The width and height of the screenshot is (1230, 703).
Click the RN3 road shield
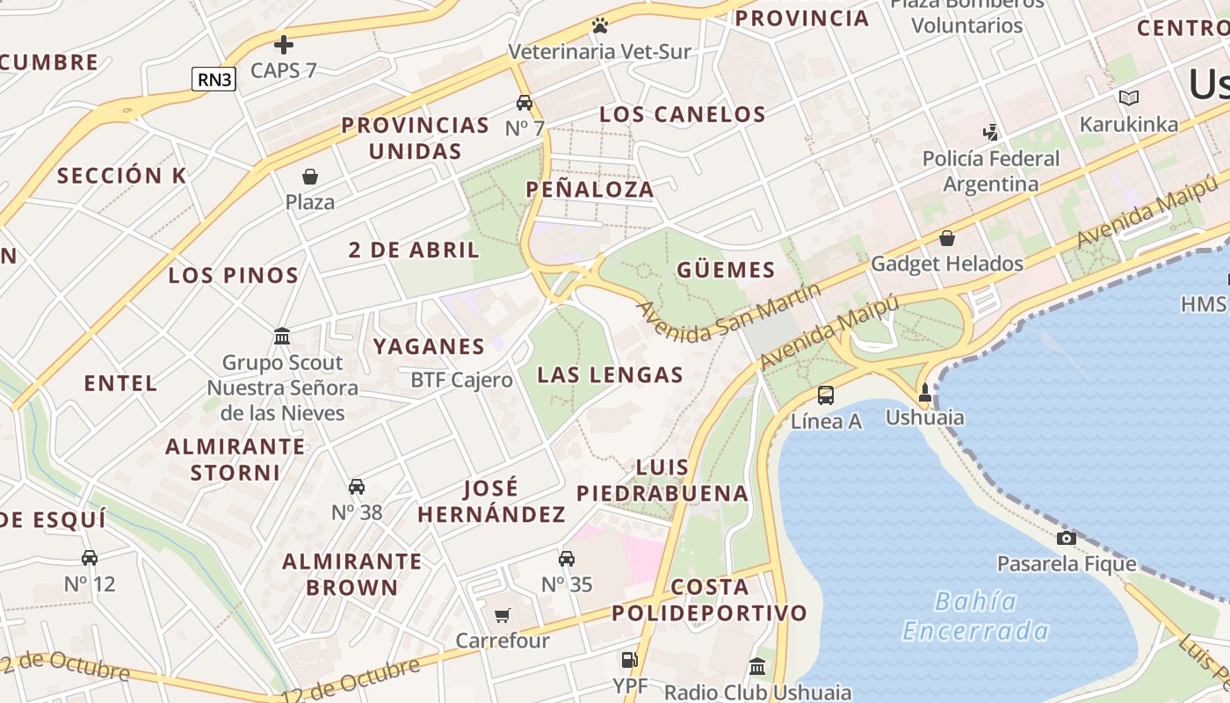pyautogui.click(x=215, y=79)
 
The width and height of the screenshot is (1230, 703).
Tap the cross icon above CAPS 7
pyautogui.click(x=283, y=44)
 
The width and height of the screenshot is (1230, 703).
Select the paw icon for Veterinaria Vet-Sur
pyautogui.click(x=600, y=25)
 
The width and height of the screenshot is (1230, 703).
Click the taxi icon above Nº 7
pyautogui.click(x=525, y=102)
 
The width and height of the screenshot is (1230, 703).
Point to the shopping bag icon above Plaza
pyautogui.click(x=309, y=177)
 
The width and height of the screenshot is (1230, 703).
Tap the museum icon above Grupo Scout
pyautogui.click(x=282, y=336)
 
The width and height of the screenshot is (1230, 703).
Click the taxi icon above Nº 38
pyautogui.click(x=357, y=486)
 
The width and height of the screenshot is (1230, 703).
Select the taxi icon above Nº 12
pyautogui.click(x=90, y=557)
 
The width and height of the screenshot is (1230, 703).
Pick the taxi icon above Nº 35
pyautogui.click(x=567, y=558)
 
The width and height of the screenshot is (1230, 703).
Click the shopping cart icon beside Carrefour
pyautogui.click(x=503, y=615)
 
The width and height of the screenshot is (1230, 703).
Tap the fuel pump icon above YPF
pyautogui.click(x=629, y=659)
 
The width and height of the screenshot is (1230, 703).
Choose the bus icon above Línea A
pyautogui.click(x=826, y=395)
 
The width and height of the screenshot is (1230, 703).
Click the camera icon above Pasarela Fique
pyautogui.click(x=1067, y=538)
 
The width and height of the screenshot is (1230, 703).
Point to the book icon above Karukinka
pyautogui.click(x=1129, y=98)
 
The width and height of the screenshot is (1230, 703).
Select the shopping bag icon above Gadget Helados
pyautogui.click(x=947, y=238)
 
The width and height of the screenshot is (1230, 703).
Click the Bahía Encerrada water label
pyautogui.click(x=975, y=616)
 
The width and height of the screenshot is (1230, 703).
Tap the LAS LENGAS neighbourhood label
pyautogui.click(x=610, y=375)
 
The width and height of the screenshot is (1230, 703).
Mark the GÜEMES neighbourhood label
pyautogui.click(x=726, y=270)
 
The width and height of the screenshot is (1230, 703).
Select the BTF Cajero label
pyautogui.click(x=461, y=380)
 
